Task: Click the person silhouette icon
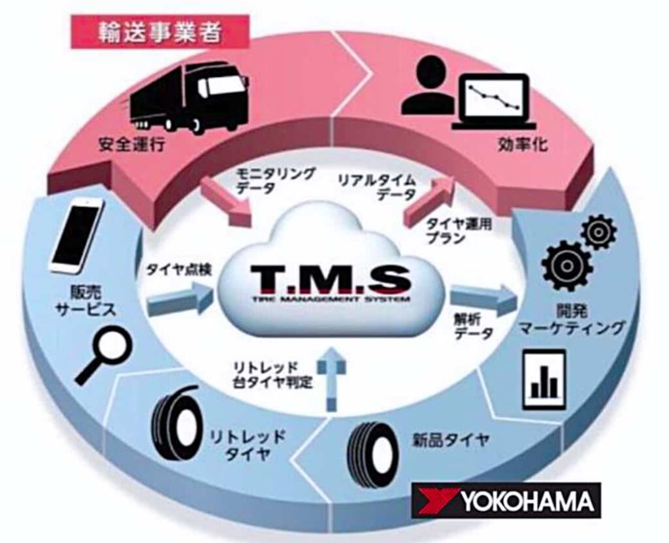tap(428, 86)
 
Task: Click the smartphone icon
tap(77, 235)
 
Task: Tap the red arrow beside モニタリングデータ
tap(225, 203)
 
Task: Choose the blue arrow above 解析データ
tap(483, 294)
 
